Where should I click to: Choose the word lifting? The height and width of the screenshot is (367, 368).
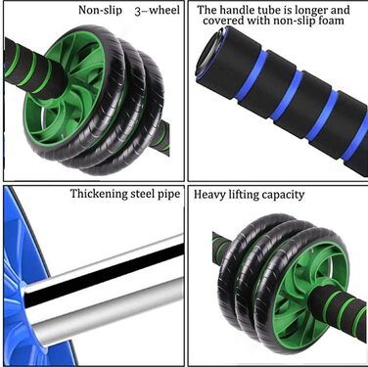246,195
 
